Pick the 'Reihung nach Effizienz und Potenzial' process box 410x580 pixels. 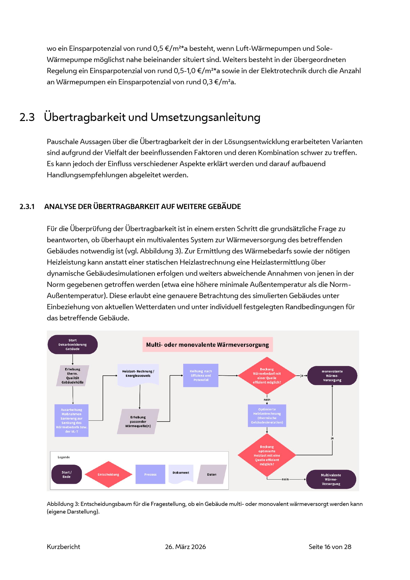pyautogui.click(x=201, y=375)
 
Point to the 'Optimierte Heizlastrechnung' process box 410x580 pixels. pyautogui.click(x=267, y=416)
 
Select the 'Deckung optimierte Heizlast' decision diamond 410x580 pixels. pyautogui.click(x=267, y=455)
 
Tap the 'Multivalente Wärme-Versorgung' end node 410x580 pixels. pyautogui.click(x=331, y=479)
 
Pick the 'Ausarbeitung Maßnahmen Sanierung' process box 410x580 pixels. pyautogui.click(x=72, y=420)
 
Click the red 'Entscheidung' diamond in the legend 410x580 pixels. pyautogui.click(x=109, y=474)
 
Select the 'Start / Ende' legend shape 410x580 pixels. pyautogui.click(x=67, y=474)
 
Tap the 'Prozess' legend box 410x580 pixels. pyautogui.click(x=150, y=474)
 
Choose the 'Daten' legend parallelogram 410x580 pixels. pyautogui.click(x=212, y=474)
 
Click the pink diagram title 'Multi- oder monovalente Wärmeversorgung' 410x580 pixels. pyautogui.click(x=207, y=345)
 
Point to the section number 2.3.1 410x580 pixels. pyautogui.click(x=27, y=207)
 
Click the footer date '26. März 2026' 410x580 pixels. pyautogui.click(x=185, y=547)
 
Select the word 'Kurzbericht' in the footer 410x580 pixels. pyautogui.click(x=63, y=547)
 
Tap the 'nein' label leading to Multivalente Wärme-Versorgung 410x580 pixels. pyautogui.click(x=285, y=479)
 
